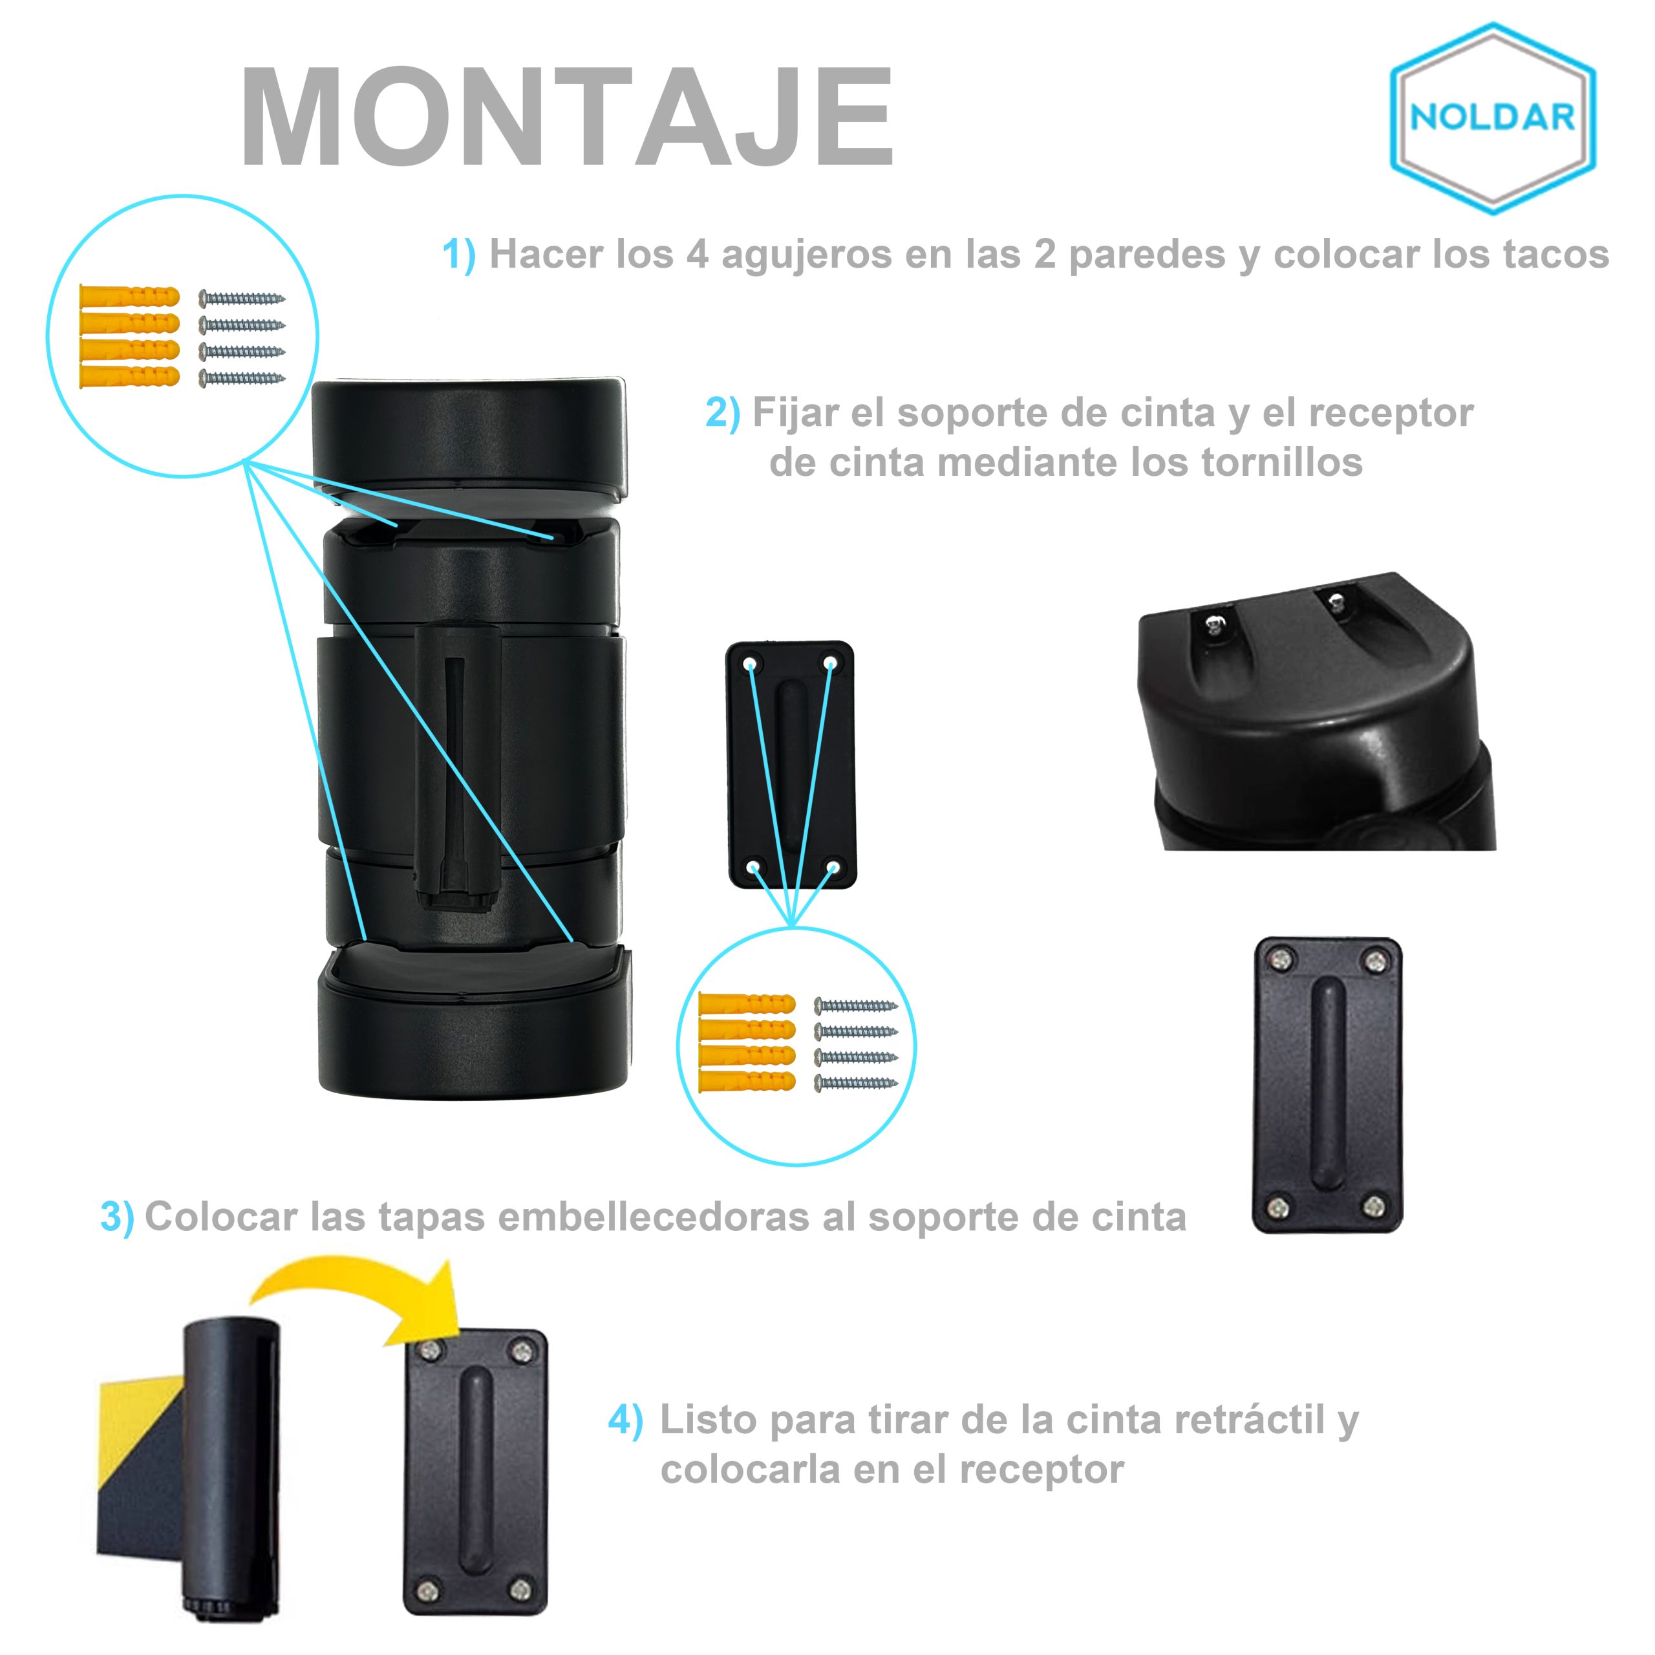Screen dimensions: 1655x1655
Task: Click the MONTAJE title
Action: [567, 118]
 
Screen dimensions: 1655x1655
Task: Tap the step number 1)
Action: [458, 255]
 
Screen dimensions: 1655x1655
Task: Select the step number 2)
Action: [723, 414]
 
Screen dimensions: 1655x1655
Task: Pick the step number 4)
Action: [625, 1420]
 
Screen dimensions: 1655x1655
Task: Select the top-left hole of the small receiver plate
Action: [751, 662]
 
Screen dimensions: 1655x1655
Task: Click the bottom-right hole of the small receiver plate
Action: [832, 868]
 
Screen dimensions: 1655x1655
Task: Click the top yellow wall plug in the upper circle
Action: [129, 296]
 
